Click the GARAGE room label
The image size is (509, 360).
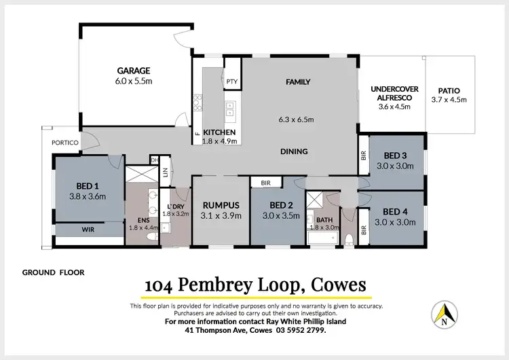(x=133, y=71)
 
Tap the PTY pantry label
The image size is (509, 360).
(x=232, y=82)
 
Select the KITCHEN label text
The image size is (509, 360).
(x=219, y=132)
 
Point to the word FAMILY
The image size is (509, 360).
(x=297, y=82)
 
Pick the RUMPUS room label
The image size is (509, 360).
(x=221, y=206)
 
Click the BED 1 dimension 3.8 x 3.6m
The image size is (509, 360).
(x=88, y=196)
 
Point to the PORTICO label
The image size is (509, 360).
(x=65, y=142)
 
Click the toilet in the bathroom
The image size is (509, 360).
(x=348, y=238)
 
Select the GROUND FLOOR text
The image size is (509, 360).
(x=53, y=272)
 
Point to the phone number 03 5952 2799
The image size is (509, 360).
(x=301, y=331)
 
